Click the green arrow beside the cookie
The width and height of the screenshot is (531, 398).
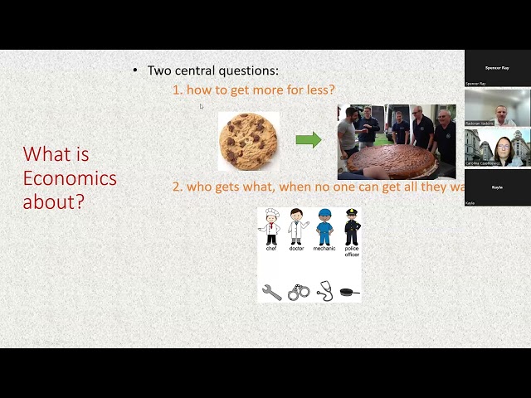(x=308, y=139)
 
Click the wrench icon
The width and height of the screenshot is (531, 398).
(x=271, y=292)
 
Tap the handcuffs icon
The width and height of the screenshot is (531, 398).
(x=299, y=292)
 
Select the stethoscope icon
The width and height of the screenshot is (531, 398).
(x=324, y=291)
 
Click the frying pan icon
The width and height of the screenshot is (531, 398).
(x=350, y=292)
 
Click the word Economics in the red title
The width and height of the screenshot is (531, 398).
(x=70, y=177)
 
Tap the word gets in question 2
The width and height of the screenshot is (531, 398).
(x=236, y=187)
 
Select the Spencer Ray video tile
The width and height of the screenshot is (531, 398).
(x=497, y=68)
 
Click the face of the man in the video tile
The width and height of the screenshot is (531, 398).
(x=500, y=112)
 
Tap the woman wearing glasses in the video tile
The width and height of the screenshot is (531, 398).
(x=502, y=149)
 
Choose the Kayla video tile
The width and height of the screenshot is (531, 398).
(x=497, y=188)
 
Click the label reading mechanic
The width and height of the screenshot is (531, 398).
(x=324, y=249)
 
